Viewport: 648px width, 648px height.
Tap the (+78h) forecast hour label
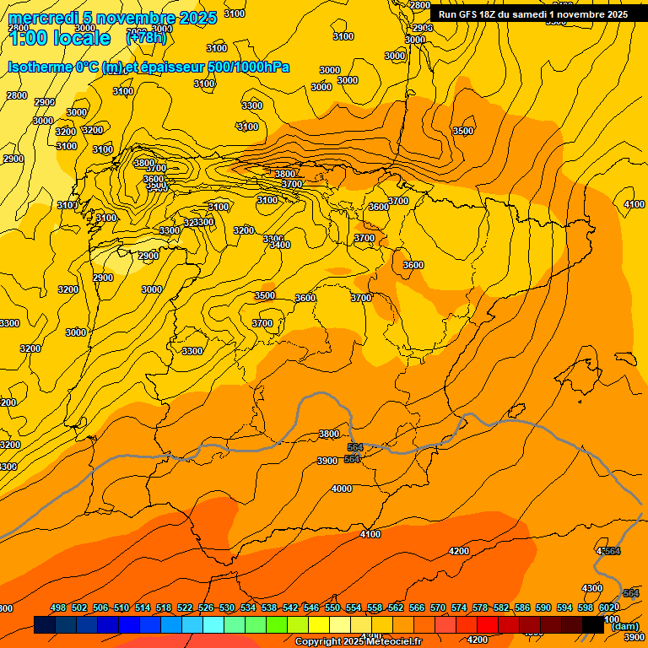147,38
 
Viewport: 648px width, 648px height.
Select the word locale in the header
79,38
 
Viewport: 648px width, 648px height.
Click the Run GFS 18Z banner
532,14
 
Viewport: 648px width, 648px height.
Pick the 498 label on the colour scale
58,607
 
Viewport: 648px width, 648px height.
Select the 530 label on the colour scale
227,607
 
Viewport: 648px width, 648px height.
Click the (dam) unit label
624,625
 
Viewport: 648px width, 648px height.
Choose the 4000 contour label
342,489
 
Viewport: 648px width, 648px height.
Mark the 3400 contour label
280,245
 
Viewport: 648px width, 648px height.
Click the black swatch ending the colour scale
592,624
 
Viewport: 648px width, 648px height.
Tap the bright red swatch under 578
487,624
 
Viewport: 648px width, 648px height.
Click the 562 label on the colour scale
396,607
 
